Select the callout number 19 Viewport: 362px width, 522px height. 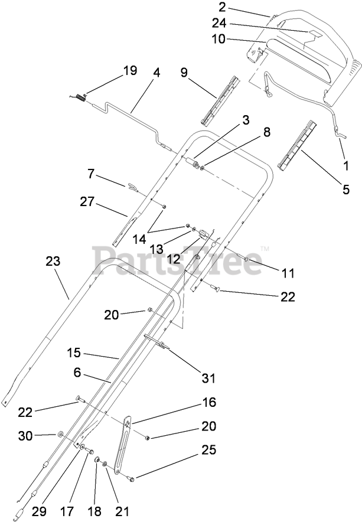(x=129, y=71)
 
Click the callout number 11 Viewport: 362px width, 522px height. (x=288, y=273)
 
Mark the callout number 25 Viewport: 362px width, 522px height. (x=209, y=451)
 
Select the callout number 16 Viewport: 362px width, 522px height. (x=209, y=403)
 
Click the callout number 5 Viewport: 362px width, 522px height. (x=346, y=190)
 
